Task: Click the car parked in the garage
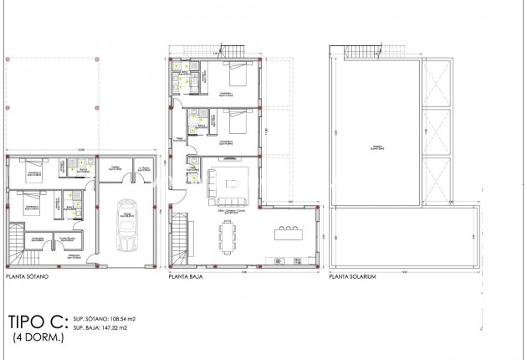pos(128,225)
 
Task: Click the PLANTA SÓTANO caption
pos(27,274)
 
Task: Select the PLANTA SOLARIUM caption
pos(352,274)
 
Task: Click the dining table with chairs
pos(228,238)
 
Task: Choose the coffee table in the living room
pos(233,182)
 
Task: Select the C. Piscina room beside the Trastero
pos(145,169)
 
